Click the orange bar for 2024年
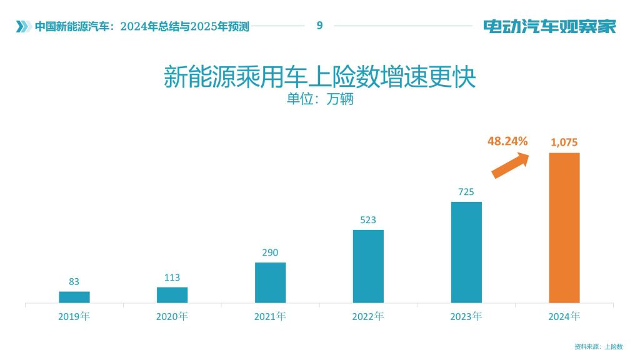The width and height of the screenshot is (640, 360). pyautogui.click(x=564, y=228)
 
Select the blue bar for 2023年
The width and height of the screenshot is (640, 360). pyautogui.click(x=466, y=252)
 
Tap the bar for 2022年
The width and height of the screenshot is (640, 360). pyautogui.click(x=368, y=266)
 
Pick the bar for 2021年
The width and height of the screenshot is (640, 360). pyautogui.click(x=270, y=282)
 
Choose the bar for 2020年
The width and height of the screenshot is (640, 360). pyautogui.click(x=172, y=295)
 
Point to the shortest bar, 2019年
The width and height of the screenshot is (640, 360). pyautogui.click(x=74, y=297)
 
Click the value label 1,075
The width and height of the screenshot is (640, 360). pyautogui.click(x=564, y=142)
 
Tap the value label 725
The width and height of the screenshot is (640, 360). pyautogui.click(x=466, y=192)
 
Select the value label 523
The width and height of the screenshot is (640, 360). pyautogui.click(x=368, y=220)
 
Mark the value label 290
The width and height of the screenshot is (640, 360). pyautogui.click(x=270, y=252)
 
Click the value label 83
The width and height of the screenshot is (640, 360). pyautogui.click(x=74, y=282)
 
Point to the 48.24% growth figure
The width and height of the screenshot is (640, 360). pyautogui.click(x=507, y=141)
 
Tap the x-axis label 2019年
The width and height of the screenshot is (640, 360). pyautogui.click(x=74, y=316)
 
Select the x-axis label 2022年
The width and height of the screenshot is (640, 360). pyautogui.click(x=368, y=316)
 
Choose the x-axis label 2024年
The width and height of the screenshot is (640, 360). pyautogui.click(x=564, y=316)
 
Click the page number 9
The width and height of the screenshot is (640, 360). pyautogui.click(x=319, y=26)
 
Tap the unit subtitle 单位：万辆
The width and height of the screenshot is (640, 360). pyautogui.click(x=319, y=99)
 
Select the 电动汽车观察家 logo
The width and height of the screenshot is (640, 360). pyautogui.click(x=549, y=26)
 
